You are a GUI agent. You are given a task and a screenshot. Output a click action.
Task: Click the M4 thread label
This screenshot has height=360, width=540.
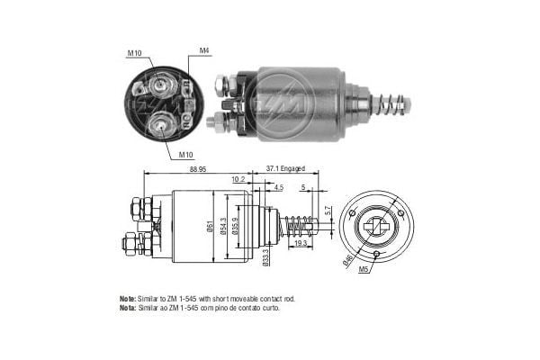(204, 51)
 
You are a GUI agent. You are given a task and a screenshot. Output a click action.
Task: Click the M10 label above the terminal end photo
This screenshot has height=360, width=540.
(135, 53)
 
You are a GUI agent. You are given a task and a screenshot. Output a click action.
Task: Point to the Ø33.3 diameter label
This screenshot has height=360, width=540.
(266, 257)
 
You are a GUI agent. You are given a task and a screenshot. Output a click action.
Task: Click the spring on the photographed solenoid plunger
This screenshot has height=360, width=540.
(392, 99)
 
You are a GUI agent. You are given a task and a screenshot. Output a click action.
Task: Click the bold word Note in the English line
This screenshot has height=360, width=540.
(127, 297)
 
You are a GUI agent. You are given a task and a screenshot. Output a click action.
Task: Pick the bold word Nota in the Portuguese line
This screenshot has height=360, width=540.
(127, 308)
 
